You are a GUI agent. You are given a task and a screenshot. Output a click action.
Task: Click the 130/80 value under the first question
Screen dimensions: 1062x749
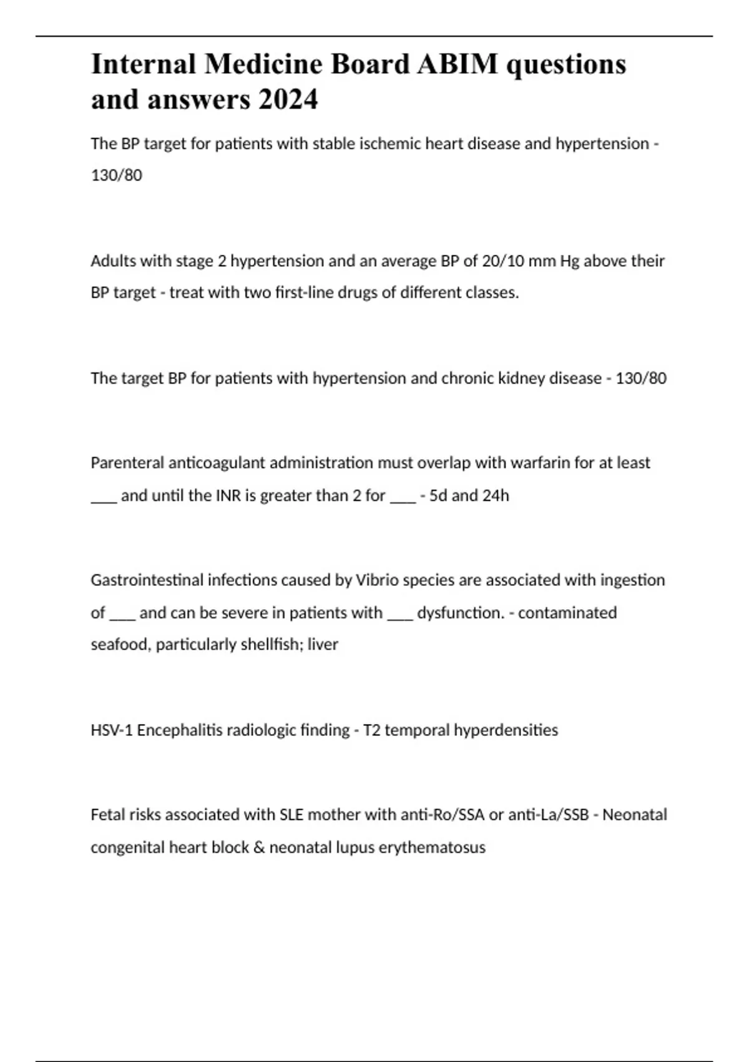(117, 176)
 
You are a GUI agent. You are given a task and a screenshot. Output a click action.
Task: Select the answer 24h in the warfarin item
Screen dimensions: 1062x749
(496, 495)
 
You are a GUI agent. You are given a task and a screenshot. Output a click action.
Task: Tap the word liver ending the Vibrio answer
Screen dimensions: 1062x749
(323, 645)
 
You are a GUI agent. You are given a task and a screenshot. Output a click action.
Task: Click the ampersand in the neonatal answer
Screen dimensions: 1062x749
(259, 848)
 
